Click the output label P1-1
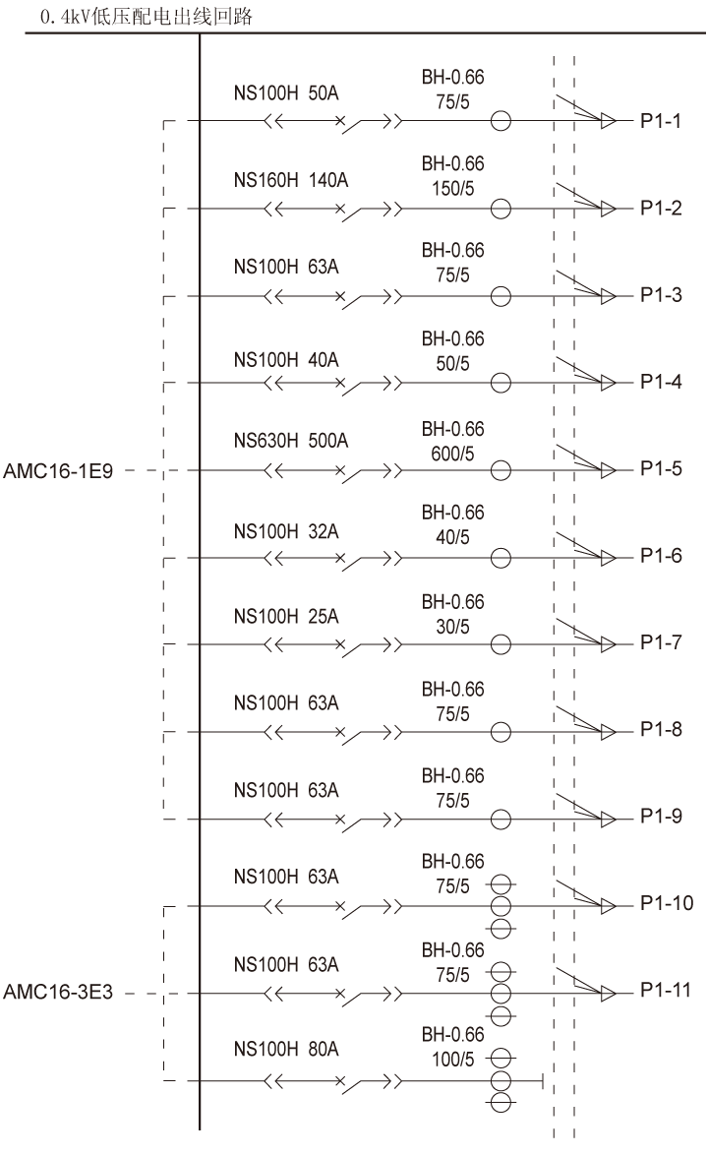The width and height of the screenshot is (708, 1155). click(x=661, y=122)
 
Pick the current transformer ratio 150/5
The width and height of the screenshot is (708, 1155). click(x=452, y=188)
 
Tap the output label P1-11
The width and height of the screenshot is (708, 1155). click(x=666, y=993)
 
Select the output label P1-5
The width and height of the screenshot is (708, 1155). click(x=661, y=470)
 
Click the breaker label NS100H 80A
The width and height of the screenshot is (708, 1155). click(x=286, y=1051)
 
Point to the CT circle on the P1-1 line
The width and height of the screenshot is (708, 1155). click(x=501, y=122)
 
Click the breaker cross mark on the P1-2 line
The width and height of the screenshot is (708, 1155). click(x=341, y=210)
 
